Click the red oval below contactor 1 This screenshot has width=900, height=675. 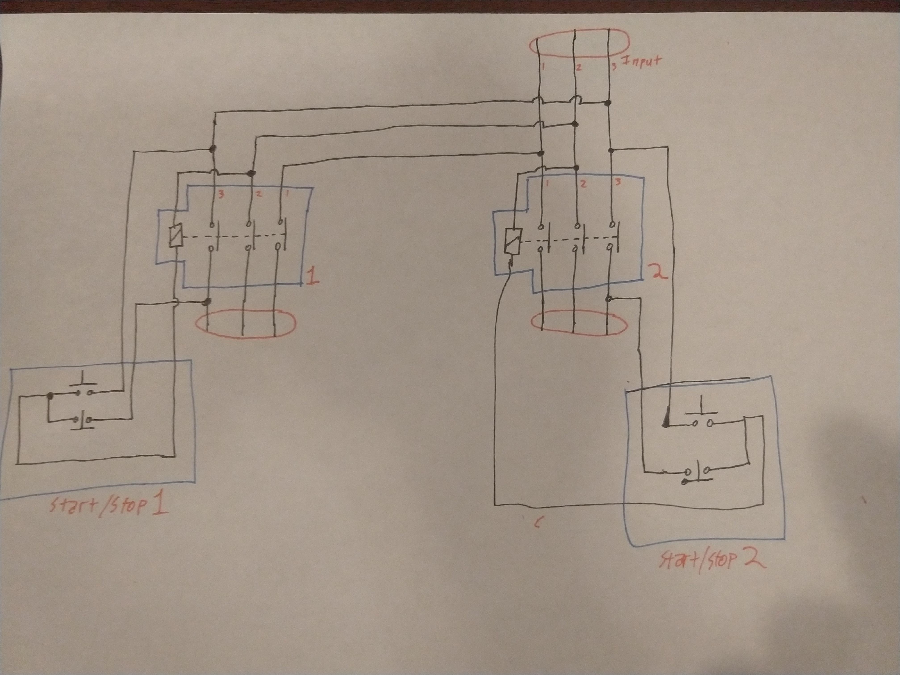coord(245,323)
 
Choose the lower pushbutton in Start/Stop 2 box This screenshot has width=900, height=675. coord(697,472)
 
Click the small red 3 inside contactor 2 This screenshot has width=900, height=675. coord(618,183)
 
